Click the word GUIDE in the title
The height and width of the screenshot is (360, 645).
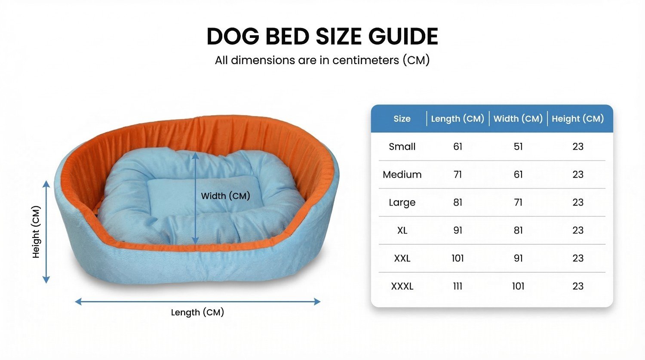[403, 37]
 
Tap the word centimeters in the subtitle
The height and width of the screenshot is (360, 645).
[365, 60]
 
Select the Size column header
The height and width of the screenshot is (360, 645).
[402, 119]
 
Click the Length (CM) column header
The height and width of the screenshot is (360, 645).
[458, 119]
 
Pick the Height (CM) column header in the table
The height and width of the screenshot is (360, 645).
[577, 119]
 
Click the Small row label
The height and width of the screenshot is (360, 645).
[402, 147]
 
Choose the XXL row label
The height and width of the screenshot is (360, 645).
[402, 258]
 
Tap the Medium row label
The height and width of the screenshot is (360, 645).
[402, 175]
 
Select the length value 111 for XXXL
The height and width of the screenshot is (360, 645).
[458, 286]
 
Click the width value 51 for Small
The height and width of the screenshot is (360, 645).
[518, 147]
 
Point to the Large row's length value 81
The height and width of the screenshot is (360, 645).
[458, 203]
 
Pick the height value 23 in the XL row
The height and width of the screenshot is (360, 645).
[577, 231]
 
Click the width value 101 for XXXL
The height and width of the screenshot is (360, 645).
[518, 286]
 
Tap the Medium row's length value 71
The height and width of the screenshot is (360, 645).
[458, 175]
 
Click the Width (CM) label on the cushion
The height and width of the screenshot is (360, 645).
[225, 196]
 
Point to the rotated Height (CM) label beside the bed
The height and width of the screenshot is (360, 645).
[36, 232]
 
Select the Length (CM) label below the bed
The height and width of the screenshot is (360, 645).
[197, 313]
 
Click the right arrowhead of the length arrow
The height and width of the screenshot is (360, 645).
[317, 302]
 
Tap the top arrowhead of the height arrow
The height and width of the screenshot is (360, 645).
[46, 184]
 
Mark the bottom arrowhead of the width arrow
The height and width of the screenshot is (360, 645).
[195, 241]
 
